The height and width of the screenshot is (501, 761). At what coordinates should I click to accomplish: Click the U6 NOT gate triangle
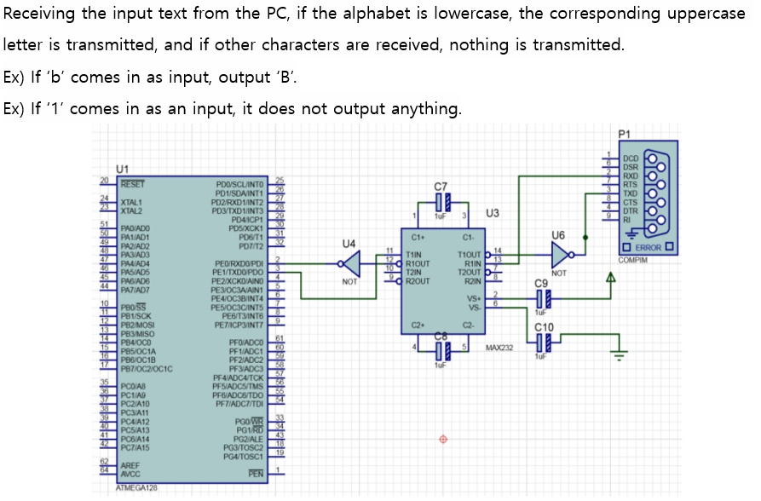558,254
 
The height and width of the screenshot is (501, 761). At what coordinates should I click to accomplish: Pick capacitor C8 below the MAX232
440,350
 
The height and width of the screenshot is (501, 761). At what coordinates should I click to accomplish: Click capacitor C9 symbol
542,297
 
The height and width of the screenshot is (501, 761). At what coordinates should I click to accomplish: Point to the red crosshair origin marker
442,440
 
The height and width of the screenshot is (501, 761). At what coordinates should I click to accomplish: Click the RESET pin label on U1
132,182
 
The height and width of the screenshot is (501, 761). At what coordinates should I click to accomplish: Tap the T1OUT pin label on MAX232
470,254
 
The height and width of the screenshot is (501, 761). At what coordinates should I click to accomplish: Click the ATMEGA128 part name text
136,488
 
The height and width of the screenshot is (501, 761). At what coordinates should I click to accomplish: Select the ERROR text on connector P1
648,249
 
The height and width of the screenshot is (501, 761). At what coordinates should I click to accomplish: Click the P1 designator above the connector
625,134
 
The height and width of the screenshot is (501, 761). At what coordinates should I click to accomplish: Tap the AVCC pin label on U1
131,473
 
